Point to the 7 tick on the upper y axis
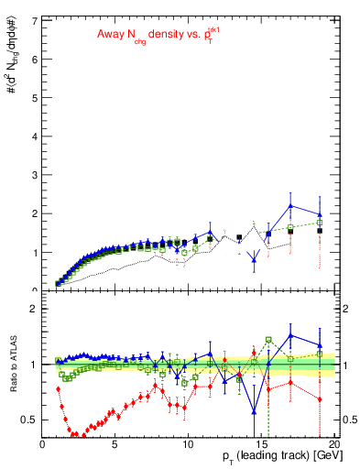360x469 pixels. click(x=34, y=20)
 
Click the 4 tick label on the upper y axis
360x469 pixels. click(x=34, y=136)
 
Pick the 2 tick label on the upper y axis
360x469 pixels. click(x=34, y=213)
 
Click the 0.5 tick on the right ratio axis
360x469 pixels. click(x=351, y=420)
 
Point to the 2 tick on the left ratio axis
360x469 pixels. click(x=34, y=309)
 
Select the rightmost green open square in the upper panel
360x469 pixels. click(x=320, y=222)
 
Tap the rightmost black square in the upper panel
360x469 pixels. click(x=320, y=231)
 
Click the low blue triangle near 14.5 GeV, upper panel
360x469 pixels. click(x=254, y=259)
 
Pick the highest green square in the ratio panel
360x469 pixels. click(x=268, y=339)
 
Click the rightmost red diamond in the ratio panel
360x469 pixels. click(x=320, y=399)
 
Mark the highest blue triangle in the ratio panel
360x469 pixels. click(x=290, y=335)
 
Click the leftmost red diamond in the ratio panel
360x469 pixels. click(x=59, y=388)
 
